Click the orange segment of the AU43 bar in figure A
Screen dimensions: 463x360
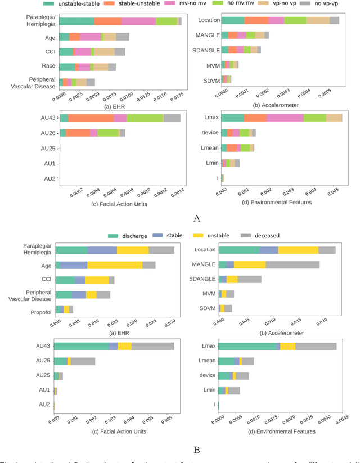tap(91, 118)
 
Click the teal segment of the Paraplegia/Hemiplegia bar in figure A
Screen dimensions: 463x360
tap(76, 21)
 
